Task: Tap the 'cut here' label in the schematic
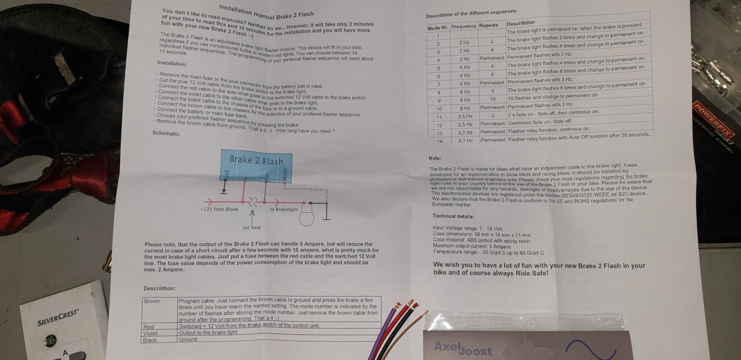(252, 228)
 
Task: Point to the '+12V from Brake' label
(219, 209)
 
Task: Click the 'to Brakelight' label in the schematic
(284, 209)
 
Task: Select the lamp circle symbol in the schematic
(307, 218)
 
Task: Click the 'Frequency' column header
(463, 27)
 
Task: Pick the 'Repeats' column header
(489, 25)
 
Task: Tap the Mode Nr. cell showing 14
(439, 141)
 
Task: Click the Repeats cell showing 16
(493, 99)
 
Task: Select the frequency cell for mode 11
(465, 116)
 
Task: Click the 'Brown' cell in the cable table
(152, 301)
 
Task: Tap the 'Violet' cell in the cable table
(150, 333)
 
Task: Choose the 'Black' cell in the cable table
(150, 340)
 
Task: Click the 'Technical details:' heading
(453, 216)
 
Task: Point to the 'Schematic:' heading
(167, 133)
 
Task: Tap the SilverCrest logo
(58, 318)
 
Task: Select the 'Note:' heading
(435, 158)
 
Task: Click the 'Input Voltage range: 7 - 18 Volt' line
(467, 228)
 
